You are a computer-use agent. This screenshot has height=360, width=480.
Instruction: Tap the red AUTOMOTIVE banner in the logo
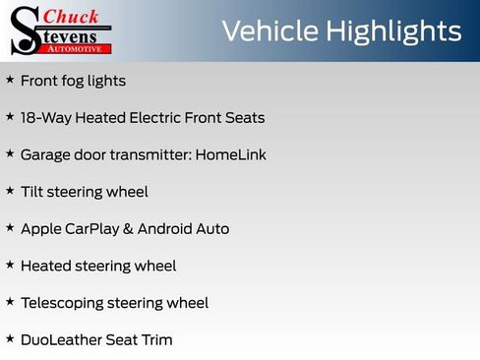[78, 46]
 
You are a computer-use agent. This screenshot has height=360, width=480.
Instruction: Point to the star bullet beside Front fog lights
[10, 80]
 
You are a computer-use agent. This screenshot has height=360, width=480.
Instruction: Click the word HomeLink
[231, 155]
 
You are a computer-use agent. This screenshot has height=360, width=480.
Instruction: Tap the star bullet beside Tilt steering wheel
[10, 191]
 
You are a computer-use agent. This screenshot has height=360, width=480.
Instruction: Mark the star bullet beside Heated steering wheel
[10, 265]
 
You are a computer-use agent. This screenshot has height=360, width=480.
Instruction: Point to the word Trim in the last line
[155, 340]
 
